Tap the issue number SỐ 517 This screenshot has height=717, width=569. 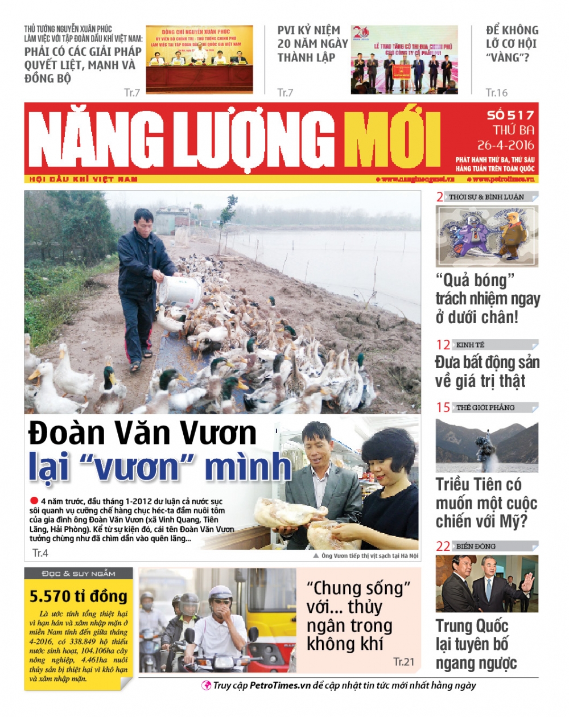pos(510,115)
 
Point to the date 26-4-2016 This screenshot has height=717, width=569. pos(506,145)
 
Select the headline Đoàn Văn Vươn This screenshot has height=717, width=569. pos(143,433)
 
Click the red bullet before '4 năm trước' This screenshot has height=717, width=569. pos(34,501)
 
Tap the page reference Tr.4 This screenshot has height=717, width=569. pos(40,553)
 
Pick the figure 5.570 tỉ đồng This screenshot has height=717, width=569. pos(78,596)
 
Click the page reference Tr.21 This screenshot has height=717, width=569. pos(403,661)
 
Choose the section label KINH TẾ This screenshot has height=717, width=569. pos(470,345)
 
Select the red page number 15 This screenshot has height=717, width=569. pos(443,407)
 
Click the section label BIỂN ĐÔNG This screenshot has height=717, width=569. pos(476,546)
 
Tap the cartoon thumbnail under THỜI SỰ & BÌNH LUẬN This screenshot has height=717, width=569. pos(486,236)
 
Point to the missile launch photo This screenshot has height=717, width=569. pos(486,442)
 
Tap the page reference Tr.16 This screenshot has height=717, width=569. pos(496,92)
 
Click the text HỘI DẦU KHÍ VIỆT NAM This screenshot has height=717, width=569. pos(84,179)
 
